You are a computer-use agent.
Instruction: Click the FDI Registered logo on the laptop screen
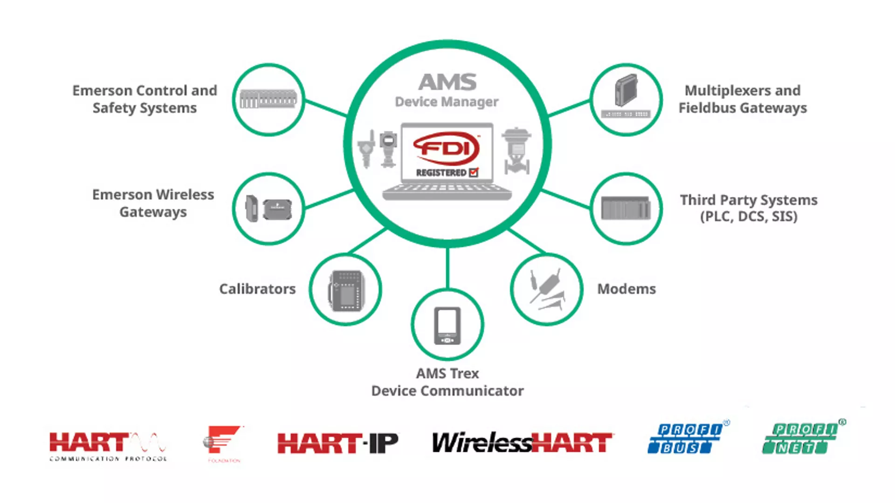point(447,154)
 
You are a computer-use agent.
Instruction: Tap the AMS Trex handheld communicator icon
point(447,325)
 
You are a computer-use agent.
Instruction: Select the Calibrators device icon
point(346,290)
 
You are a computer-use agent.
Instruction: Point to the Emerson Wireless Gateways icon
point(268,209)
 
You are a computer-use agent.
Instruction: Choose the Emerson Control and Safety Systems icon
point(268,99)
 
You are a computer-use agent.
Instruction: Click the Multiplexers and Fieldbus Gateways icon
point(626,98)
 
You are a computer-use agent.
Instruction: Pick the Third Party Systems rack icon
point(626,208)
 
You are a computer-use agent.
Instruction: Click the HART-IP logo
point(338,443)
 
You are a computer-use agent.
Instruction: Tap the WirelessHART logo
point(522,443)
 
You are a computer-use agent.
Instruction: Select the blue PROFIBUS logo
point(685,438)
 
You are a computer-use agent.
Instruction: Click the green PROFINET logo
point(801,438)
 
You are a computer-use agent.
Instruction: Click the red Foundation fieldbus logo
point(223,442)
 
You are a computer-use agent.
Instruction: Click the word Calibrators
point(257,289)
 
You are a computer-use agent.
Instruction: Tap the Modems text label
point(626,289)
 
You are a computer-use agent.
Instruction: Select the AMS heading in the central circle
point(447,82)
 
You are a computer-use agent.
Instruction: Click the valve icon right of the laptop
point(516,151)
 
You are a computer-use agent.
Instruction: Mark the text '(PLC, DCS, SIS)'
point(749,217)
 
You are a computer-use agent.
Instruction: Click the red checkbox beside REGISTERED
point(474,173)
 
